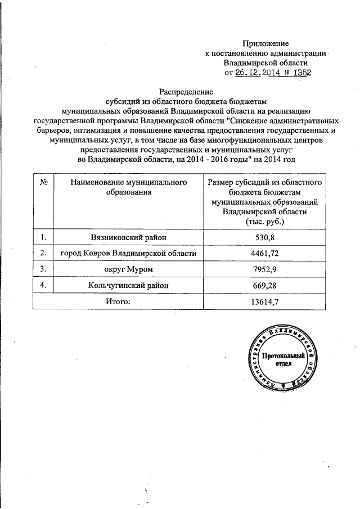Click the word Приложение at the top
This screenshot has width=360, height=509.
click(x=265, y=43)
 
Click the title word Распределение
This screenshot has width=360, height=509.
click(x=186, y=92)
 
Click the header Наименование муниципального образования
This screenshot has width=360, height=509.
click(x=129, y=188)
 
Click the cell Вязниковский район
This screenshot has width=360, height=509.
click(x=129, y=238)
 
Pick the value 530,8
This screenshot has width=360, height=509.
click(x=264, y=238)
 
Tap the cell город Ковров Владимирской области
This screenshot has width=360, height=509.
click(x=129, y=254)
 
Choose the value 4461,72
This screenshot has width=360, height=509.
click(x=264, y=254)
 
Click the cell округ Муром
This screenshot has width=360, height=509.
click(x=129, y=270)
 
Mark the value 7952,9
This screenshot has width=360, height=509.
click(x=264, y=270)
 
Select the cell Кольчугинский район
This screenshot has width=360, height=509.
click(x=129, y=286)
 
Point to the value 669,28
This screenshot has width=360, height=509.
click(x=264, y=286)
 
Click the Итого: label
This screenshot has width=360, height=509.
click(x=118, y=302)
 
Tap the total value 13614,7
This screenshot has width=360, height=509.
click(x=264, y=302)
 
